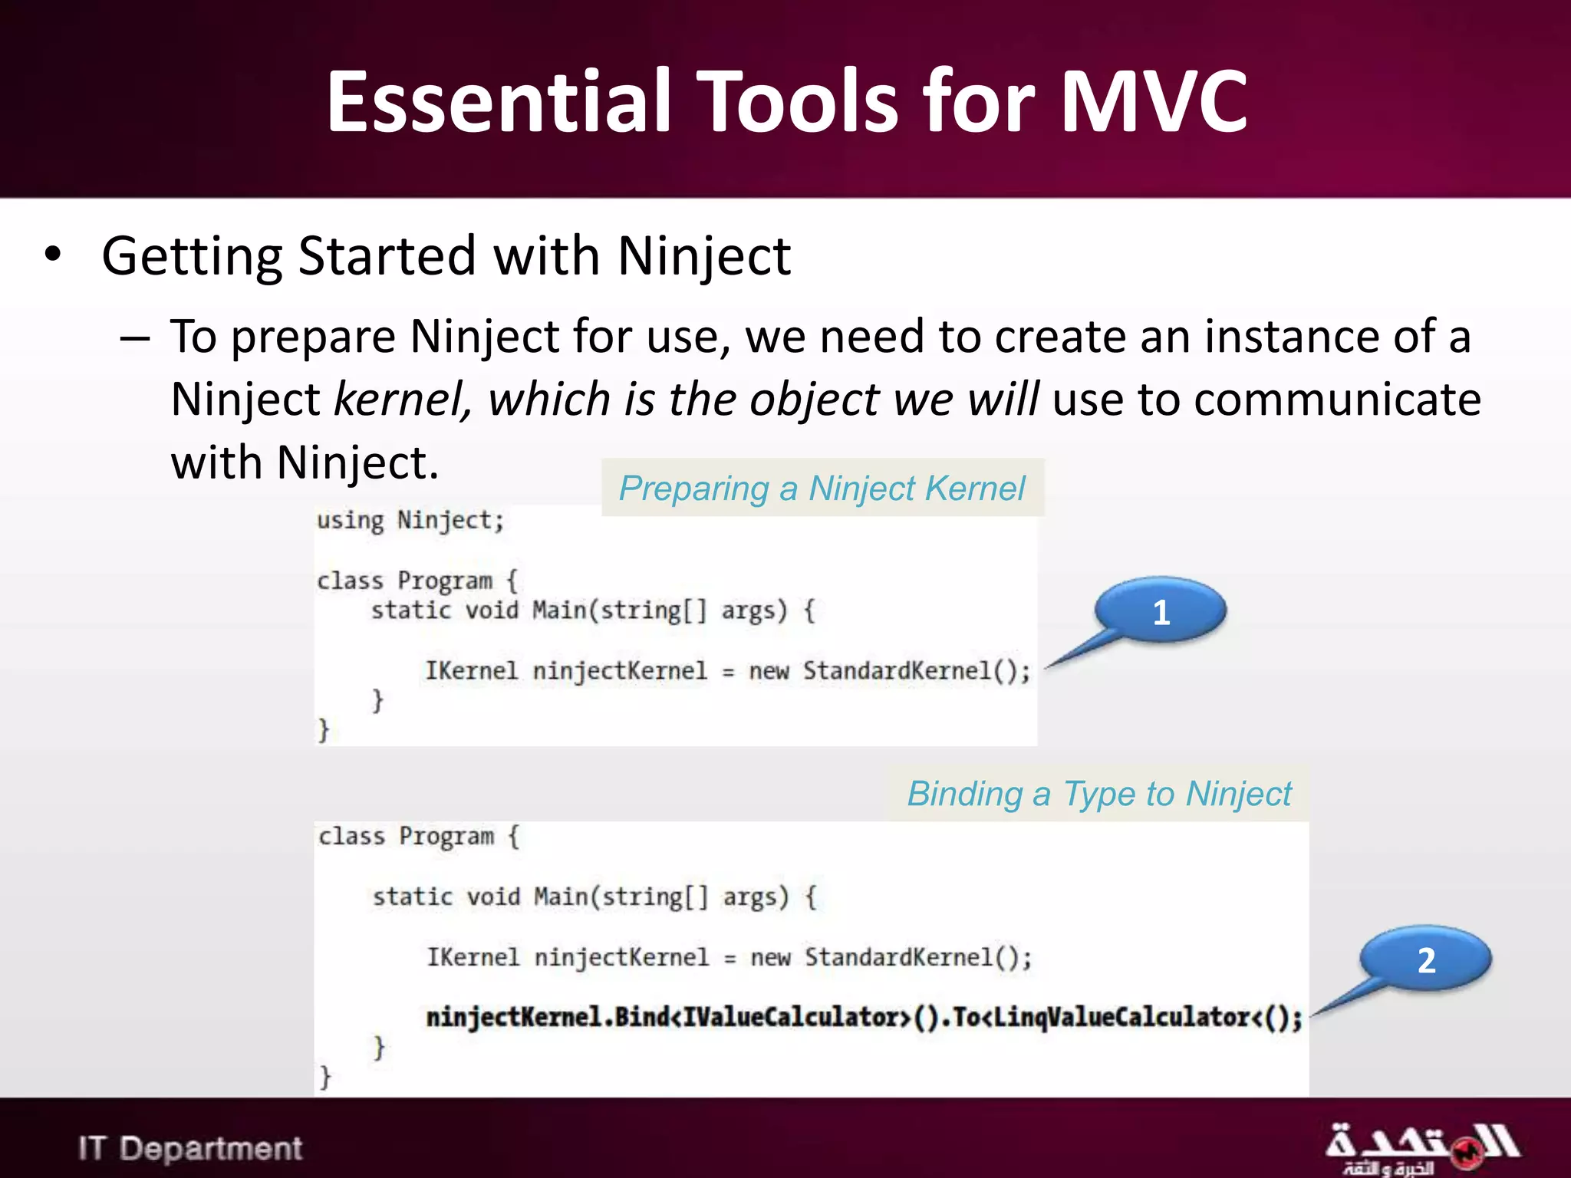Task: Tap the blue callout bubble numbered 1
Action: click(1161, 611)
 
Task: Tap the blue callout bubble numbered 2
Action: click(1425, 959)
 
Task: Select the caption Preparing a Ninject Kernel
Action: click(822, 489)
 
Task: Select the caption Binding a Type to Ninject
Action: click(1098, 794)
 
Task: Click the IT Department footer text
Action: click(190, 1148)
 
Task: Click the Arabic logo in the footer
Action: click(1421, 1147)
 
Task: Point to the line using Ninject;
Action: click(410, 521)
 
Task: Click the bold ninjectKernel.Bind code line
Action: click(864, 1018)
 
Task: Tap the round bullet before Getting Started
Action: click(52, 255)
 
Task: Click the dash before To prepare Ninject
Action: click(135, 338)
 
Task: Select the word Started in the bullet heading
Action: click(387, 255)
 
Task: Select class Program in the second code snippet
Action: click(407, 836)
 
